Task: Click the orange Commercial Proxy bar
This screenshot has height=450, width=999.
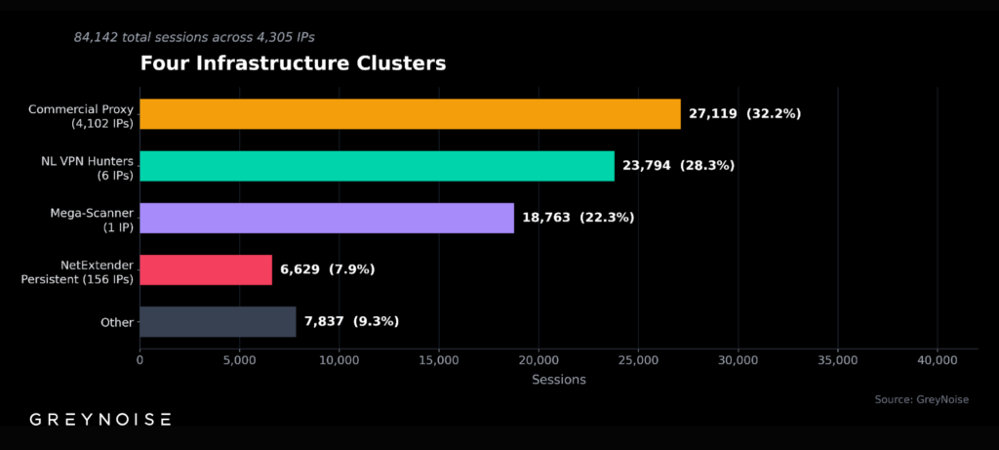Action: (x=410, y=114)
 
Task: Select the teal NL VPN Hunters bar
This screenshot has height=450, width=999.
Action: (x=377, y=166)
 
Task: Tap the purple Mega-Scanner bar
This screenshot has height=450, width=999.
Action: (x=327, y=218)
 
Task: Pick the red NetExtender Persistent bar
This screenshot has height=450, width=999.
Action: (x=206, y=269)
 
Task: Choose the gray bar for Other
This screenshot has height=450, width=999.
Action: (x=218, y=321)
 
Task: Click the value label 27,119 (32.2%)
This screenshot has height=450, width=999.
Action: (x=744, y=114)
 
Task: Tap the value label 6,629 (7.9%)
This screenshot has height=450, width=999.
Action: (x=327, y=269)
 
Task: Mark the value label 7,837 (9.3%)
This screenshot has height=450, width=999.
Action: (x=351, y=321)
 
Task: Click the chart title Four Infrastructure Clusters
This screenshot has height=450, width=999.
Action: (x=293, y=64)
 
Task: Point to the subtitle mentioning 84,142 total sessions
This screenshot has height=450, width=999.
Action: (x=194, y=37)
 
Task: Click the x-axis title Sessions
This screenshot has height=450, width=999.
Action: (x=558, y=380)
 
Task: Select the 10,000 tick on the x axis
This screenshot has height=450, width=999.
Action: (x=339, y=360)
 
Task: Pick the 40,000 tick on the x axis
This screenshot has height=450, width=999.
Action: (x=938, y=360)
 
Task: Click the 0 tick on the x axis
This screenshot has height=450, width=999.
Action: (x=140, y=360)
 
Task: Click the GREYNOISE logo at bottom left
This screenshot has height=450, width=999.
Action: (x=100, y=420)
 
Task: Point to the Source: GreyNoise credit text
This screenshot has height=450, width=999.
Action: (x=922, y=399)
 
